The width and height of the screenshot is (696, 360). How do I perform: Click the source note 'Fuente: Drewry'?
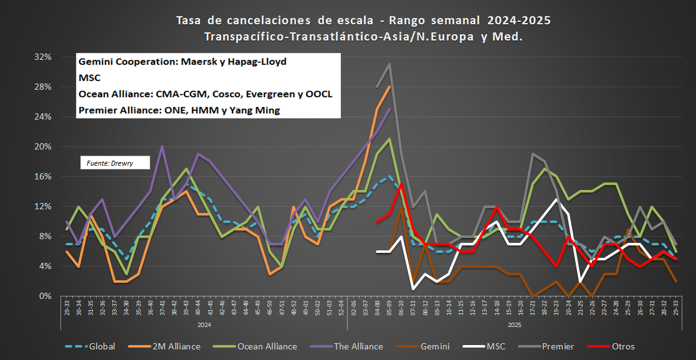[107, 163]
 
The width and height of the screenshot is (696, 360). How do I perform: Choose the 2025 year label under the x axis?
[513, 324]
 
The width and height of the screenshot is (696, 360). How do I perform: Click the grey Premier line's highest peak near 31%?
[389, 64]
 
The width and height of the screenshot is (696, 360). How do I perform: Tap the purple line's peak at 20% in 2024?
[162, 146]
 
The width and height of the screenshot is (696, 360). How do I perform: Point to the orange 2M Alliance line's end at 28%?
[389, 87]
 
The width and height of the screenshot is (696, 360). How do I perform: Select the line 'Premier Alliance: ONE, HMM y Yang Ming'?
[179, 110]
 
